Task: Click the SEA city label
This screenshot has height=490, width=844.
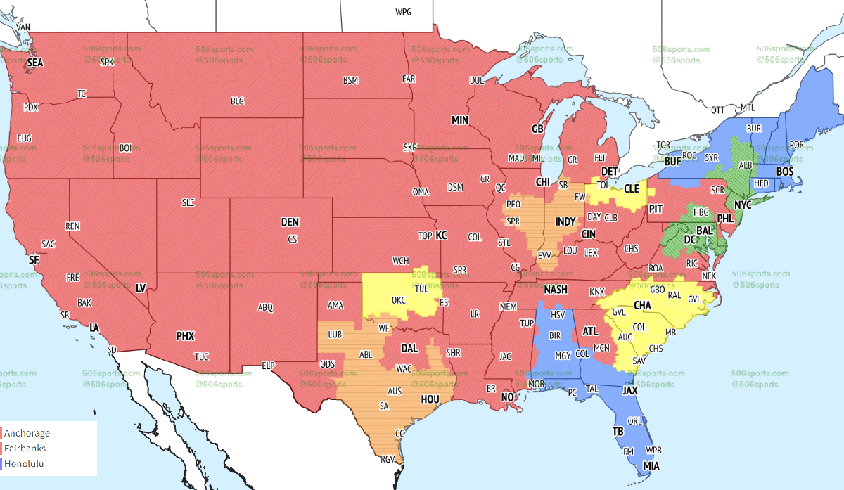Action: click(x=35, y=63)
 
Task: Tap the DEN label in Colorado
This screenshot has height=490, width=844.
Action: click(x=290, y=222)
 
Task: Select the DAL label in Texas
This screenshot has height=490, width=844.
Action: click(x=409, y=347)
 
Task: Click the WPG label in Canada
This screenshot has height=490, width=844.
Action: click(x=403, y=12)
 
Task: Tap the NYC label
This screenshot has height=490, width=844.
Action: click(x=743, y=205)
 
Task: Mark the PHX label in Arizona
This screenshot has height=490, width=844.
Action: click(x=185, y=336)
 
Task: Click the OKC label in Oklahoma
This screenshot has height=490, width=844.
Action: click(x=398, y=300)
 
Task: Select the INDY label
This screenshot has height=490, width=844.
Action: click(x=565, y=221)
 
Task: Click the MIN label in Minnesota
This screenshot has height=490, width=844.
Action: click(x=460, y=120)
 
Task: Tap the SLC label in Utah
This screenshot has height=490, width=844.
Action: click(x=188, y=202)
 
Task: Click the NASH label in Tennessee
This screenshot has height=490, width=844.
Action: click(x=556, y=290)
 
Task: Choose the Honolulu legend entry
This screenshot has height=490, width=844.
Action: click(x=23, y=463)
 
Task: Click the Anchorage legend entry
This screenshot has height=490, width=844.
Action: click(x=27, y=432)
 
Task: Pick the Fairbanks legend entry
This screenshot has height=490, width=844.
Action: click(x=25, y=448)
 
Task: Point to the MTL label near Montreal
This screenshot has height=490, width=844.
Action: click(x=747, y=108)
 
